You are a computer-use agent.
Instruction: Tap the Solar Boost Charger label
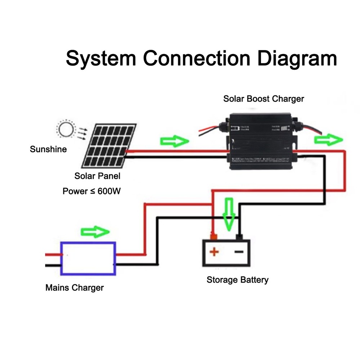pyautogui.click(x=264, y=99)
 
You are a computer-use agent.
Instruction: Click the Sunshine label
pyautogui.click(x=48, y=149)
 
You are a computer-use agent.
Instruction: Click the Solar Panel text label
pyautogui.click(x=97, y=176)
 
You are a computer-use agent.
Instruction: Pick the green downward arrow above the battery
pyautogui.click(x=229, y=215)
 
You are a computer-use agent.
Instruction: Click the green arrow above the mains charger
pyautogui.click(x=95, y=232)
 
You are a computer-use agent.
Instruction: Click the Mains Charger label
pyautogui.click(x=75, y=288)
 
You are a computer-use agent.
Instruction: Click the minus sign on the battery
pyautogui.click(x=239, y=251)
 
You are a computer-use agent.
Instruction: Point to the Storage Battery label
pyautogui.click(x=237, y=280)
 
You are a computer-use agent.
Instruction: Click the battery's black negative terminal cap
pyautogui.click(x=239, y=237)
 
